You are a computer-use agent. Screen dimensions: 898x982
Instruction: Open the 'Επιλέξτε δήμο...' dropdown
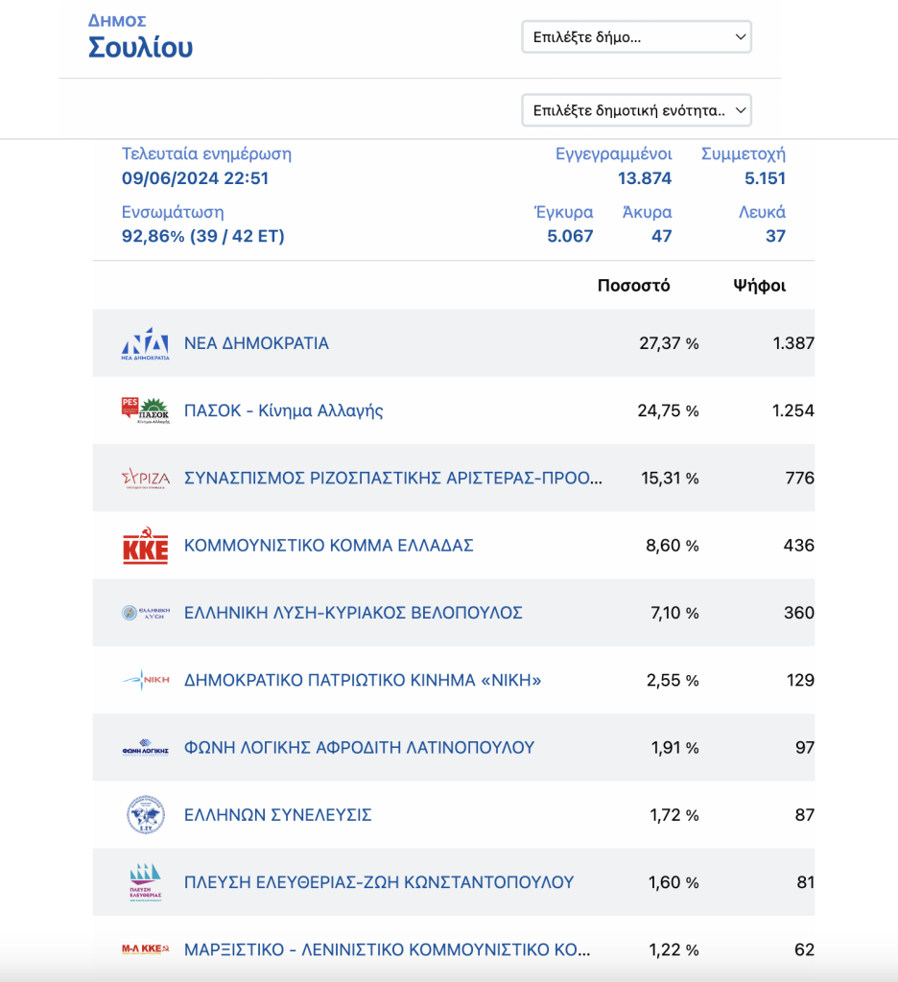(x=636, y=37)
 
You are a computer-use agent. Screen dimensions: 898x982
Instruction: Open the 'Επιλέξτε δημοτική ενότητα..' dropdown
(x=636, y=110)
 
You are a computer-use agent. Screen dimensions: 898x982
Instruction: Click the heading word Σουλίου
(x=140, y=48)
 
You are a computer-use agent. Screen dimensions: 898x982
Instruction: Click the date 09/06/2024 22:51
(x=195, y=178)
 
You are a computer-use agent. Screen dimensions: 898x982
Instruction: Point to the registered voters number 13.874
(x=644, y=178)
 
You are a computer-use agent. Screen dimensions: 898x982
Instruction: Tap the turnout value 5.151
(x=765, y=178)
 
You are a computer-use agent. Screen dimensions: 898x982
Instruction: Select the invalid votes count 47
(x=661, y=236)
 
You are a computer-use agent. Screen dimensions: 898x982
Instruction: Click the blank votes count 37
(x=775, y=236)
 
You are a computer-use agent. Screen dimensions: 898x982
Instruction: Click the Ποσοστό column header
(x=633, y=286)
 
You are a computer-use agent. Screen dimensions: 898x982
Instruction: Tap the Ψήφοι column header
(x=760, y=286)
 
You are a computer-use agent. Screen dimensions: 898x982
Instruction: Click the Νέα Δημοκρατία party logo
(x=146, y=343)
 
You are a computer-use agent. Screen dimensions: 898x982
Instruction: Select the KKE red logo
(x=146, y=546)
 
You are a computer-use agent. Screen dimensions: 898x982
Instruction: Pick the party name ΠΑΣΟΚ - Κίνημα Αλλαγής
(x=283, y=410)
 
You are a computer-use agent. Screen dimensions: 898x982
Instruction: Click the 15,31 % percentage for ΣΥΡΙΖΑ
(x=670, y=479)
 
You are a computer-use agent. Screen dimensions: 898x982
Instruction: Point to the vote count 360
(x=799, y=613)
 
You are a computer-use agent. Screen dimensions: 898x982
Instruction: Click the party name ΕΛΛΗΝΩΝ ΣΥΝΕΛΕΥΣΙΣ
(x=277, y=815)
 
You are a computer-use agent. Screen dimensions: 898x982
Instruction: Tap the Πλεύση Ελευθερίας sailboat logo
(x=146, y=882)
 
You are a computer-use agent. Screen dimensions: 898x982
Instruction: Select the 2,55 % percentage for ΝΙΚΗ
(x=673, y=680)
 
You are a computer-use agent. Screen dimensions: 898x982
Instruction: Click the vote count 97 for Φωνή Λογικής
(x=805, y=748)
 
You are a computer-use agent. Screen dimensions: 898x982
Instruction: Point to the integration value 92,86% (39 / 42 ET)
(x=203, y=236)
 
